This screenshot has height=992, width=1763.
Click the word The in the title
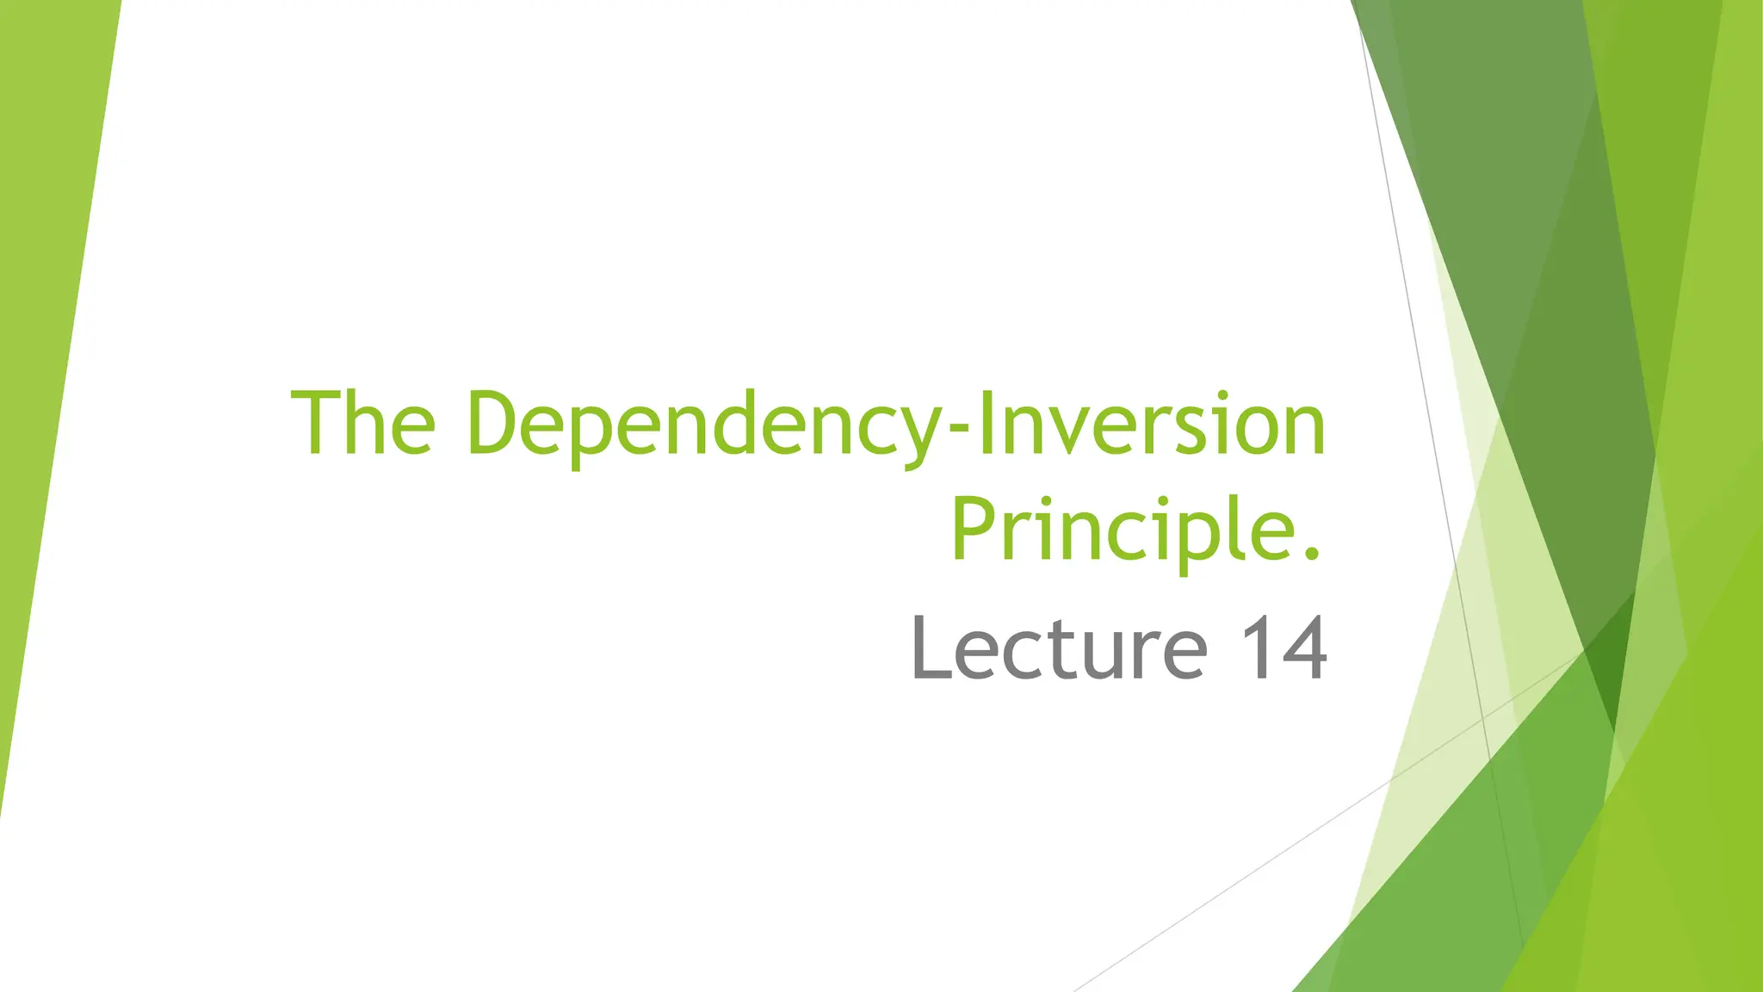363,424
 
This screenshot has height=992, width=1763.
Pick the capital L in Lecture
931,648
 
